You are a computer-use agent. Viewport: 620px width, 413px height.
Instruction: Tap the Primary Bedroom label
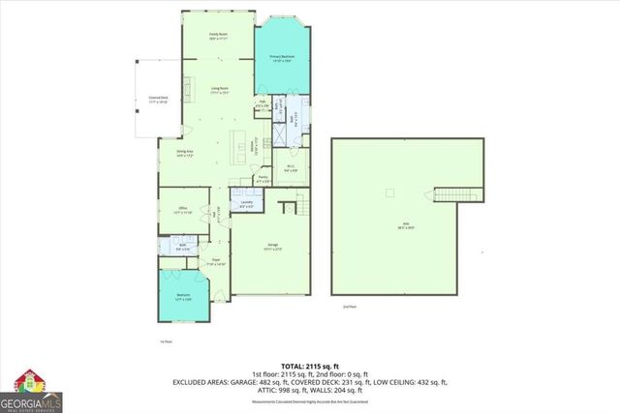pos(282,59)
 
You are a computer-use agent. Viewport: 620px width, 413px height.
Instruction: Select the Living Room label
pos(220,93)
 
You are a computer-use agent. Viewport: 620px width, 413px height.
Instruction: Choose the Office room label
pos(182,209)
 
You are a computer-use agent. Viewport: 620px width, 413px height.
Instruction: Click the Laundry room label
pos(246,204)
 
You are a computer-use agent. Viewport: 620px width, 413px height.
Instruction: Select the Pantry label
pos(263,179)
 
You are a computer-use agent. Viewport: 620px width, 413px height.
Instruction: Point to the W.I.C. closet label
pos(291,169)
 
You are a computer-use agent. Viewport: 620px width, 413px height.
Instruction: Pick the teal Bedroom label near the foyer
pos(183,297)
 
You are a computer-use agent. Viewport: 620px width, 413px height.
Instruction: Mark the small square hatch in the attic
pos(389,192)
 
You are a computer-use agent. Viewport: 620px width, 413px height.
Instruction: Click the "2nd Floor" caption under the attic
pos(350,307)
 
